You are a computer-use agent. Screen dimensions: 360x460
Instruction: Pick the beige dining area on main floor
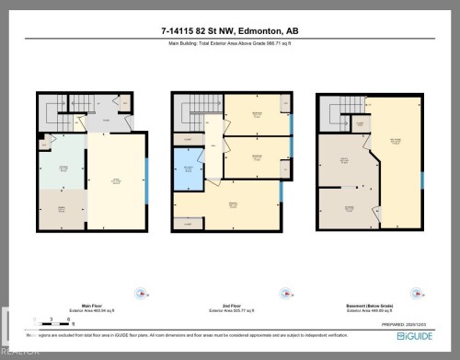point(62,209)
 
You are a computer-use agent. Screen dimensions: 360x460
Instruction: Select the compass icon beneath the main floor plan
point(140,295)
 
